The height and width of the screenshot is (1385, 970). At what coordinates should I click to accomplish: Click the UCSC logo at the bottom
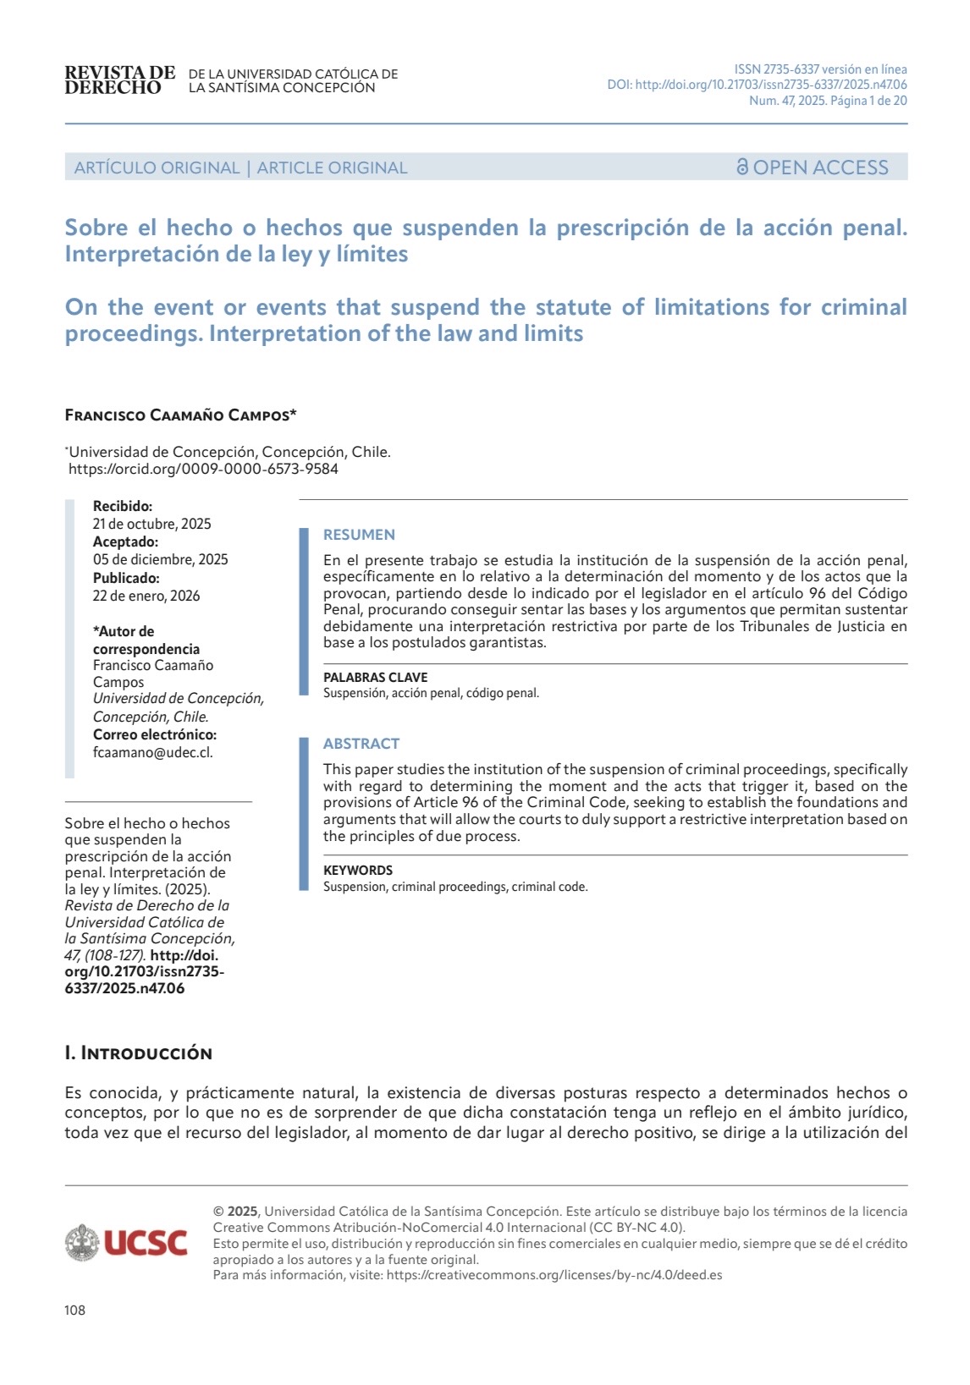pyautogui.click(x=127, y=1242)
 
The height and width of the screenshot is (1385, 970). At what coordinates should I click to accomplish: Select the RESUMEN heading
pyautogui.click(x=359, y=535)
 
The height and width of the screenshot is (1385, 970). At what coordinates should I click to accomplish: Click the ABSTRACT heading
pyautogui.click(x=361, y=744)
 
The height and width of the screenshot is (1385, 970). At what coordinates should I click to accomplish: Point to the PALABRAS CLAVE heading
pyautogui.click(x=375, y=677)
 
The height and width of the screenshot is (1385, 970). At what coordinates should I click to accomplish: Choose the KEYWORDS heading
pyautogui.click(x=358, y=870)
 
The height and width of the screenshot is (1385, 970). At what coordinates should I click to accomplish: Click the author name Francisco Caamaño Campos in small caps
pyautogui.click(x=180, y=415)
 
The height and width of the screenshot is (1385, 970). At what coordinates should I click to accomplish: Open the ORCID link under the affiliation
pyautogui.click(x=203, y=469)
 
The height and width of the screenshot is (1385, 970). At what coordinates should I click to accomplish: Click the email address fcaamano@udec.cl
pyautogui.click(x=152, y=752)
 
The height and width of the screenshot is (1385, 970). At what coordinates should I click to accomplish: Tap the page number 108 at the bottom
pyautogui.click(x=74, y=1311)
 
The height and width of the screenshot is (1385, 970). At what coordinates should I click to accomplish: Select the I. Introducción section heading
pyautogui.click(x=138, y=1053)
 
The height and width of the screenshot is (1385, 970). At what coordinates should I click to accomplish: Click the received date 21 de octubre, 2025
pyautogui.click(x=152, y=524)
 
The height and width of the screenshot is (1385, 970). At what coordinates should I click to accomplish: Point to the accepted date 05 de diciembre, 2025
pyautogui.click(x=160, y=559)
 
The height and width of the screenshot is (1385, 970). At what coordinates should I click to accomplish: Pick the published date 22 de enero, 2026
pyautogui.click(x=146, y=596)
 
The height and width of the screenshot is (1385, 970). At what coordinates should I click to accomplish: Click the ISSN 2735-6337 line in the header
pyautogui.click(x=820, y=69)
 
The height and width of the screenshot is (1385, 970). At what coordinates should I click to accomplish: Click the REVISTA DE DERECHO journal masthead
pyautogui.click(x=119, y=80)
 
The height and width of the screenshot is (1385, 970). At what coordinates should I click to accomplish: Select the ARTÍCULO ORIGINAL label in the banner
pyautogui.click(x=157, y=168)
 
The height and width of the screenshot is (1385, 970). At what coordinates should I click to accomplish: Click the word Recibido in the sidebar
pyautogui.click(x=123, y=506)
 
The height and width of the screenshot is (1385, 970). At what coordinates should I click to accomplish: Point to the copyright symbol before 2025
pyautogui.click(x=218, y=1212)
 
